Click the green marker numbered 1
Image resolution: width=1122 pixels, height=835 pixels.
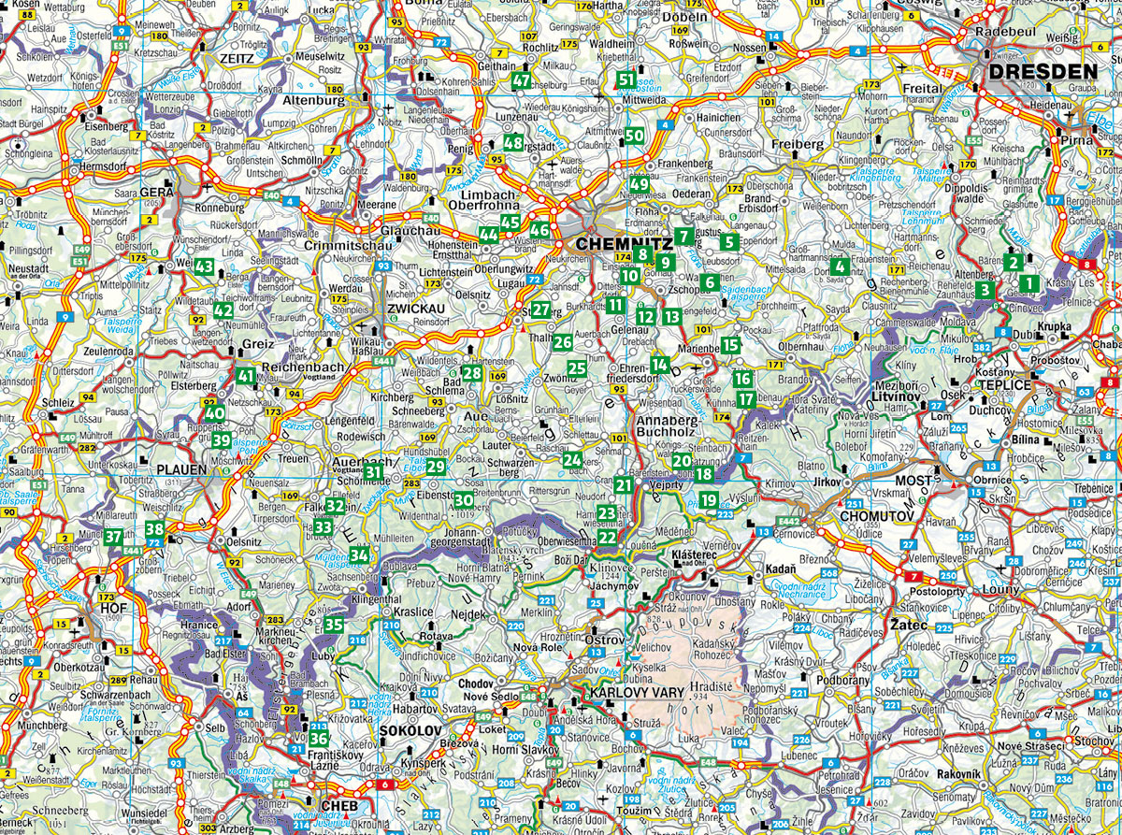[1029, 282]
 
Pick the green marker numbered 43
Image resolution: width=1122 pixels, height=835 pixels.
[206, 266]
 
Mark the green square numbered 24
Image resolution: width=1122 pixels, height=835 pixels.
[572, 458]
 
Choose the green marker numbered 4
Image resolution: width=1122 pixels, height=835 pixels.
[841, 267]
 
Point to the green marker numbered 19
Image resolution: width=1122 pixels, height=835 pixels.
[709, 499]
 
